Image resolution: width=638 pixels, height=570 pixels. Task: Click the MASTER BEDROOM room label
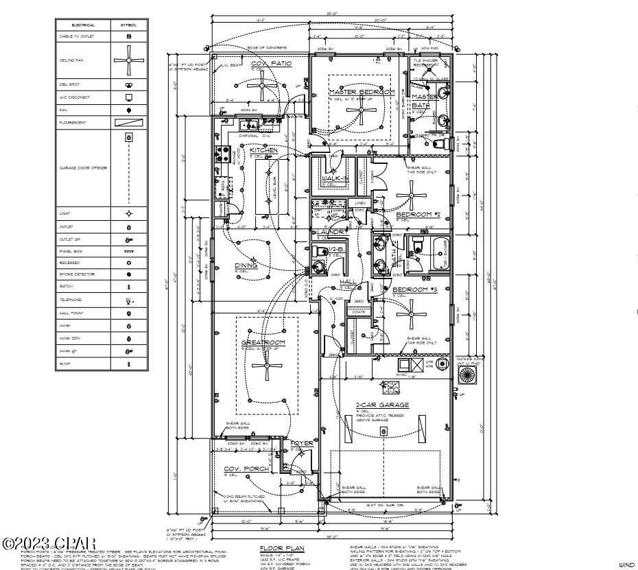pyautogui.click(x=362, y=92)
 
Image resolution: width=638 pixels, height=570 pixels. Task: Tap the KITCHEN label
pyautogui.click(x=263, y=150)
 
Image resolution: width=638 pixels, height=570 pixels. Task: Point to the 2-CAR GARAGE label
pyautogui.click(x=382, y=405)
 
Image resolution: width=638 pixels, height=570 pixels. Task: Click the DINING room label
pyautogui.click(x=246, y=265)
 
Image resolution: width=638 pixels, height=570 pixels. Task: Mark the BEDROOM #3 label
pyautogui.click(x=414, y=289)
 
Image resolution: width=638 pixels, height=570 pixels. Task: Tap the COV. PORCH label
pyautogui.click(x=247, y=469)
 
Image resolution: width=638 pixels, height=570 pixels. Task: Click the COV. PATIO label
pyautogui.click(x=271, y=63)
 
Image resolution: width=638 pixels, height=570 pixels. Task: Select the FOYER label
pyautogui.click(x=301, y=444)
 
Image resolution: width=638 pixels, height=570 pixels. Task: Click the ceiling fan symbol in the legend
pyautogui.click(x=128, y=60)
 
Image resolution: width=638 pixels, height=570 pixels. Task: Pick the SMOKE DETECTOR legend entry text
pyautogui.click(x=74, y=274)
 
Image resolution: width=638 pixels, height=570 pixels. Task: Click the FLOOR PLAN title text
pyautogui.click(x=281, y=548)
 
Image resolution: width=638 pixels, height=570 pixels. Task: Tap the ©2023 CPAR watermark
pyautogui.click(x=49, y=543)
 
